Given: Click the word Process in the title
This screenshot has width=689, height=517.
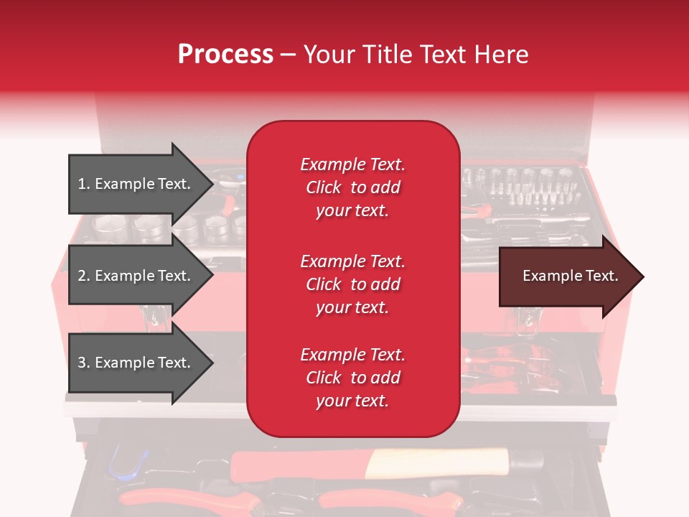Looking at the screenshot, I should tap(225, 55).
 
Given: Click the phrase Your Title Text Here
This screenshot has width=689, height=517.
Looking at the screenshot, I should tap(416, 55).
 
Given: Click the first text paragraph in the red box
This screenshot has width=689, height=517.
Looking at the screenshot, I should tap(352, 187).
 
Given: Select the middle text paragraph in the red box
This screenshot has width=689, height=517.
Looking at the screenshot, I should tap(352, 284).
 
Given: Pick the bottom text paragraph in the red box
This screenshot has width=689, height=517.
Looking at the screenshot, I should tap(352, 378).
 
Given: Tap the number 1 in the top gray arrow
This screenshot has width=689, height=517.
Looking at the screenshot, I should tap(82, 184).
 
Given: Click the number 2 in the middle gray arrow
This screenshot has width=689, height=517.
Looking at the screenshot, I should tap(82, 276).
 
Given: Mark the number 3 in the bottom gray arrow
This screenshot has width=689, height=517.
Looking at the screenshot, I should tap(82, 363).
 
